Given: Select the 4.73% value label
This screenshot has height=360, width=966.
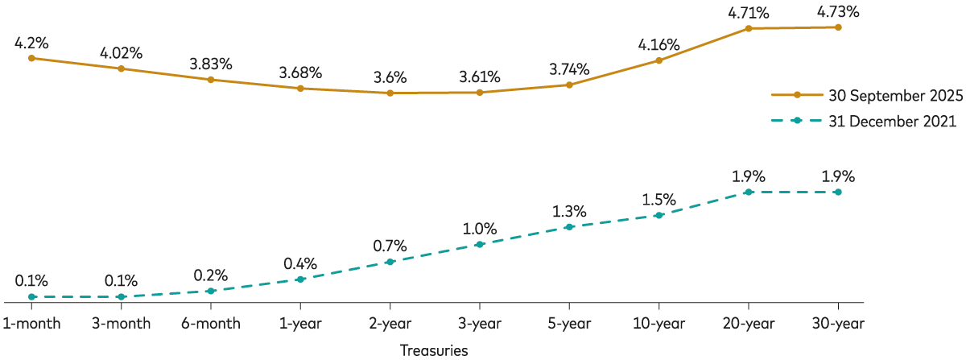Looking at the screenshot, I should (838, 11).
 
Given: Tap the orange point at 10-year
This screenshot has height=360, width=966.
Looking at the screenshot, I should (659, 60).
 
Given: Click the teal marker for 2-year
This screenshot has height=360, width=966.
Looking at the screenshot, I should (390, 262).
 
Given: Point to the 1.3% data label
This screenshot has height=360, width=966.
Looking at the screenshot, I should (569, 211).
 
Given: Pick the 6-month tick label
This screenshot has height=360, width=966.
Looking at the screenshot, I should (211, 324).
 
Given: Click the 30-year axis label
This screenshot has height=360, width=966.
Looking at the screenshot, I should (838, 324).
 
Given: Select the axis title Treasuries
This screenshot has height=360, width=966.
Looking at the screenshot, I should (434, 350).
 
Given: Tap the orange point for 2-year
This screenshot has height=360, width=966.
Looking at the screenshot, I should (390, 93).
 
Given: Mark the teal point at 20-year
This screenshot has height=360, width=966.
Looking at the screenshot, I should (749, 192).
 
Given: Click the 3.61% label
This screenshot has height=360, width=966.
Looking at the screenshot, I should (480, 77).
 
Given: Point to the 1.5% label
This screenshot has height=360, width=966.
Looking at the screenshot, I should (659, 199).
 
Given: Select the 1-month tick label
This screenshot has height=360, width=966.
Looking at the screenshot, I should (31, 324).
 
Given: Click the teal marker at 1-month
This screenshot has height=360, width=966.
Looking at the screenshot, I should (31, 297).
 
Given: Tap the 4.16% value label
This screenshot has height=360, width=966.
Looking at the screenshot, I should (659, 44).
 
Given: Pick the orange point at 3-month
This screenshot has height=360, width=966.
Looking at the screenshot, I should (122, 68).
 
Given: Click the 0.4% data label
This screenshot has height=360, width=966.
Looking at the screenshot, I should (300, 263).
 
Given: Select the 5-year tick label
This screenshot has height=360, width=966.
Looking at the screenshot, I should (569, 324).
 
